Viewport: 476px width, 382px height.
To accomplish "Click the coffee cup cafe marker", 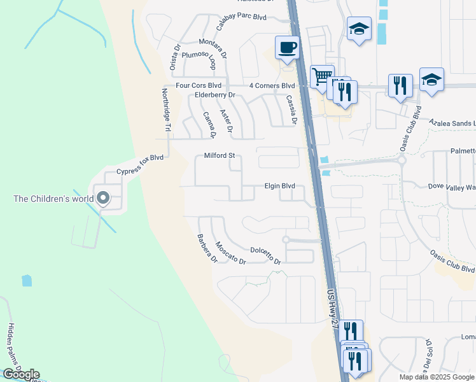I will (288, 48).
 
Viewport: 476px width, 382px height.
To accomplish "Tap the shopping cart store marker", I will (322, 76).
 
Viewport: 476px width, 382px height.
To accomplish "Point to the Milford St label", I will (220, 155).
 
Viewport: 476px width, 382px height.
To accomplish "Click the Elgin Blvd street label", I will (280, 186).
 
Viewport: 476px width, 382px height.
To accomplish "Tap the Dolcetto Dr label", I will (265, 255).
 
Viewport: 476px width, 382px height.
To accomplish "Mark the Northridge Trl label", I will (166, 110).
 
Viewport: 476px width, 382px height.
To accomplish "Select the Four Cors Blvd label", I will (199, 85).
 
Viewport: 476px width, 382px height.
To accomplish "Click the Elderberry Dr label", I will (215, 95).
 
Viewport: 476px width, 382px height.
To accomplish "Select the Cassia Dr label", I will (291, 109).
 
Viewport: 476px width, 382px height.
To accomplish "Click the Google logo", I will (20, 374).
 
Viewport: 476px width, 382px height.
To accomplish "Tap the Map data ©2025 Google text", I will (437, 377).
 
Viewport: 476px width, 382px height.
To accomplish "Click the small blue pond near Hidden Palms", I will (27, 280).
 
